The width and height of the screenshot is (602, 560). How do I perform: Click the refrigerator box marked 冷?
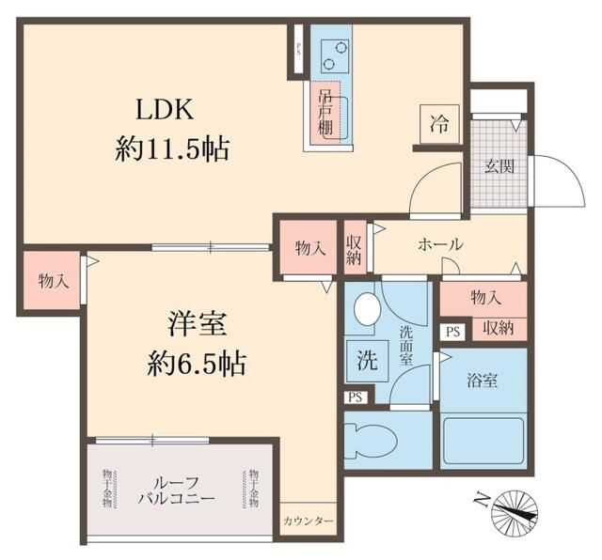point(439,123)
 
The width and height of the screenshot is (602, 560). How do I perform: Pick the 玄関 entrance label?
point(499,168)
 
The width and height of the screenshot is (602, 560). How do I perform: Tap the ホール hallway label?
point(439,244)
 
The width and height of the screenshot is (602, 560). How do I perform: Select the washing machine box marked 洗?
point(366,359)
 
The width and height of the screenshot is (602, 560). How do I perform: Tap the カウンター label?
point(308,520)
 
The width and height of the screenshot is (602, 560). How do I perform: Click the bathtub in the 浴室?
point(483,441)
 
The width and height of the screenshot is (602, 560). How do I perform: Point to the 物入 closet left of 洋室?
point(52,280)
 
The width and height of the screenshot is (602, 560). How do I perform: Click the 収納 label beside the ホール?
point(354,247)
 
